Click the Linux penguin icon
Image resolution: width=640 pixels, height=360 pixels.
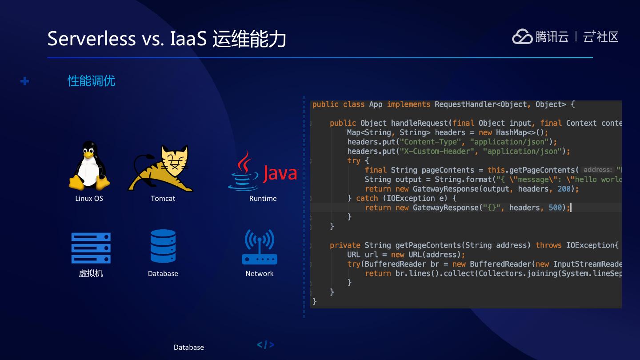(x=89, y=166)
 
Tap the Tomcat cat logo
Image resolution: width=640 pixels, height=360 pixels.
(x=161, y=168)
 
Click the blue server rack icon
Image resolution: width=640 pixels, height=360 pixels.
(x=91, y=248)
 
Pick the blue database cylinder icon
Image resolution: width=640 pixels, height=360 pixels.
(x=163, y=246)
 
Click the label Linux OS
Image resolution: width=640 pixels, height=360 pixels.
(x=89, y=198)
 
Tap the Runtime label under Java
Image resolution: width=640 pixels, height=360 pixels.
(x=263, y=198)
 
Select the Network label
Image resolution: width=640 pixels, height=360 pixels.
(x=260, y=273)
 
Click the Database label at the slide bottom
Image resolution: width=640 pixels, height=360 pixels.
(x=189, y=347)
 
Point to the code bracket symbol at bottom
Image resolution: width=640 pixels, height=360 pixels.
(x=265, y=344)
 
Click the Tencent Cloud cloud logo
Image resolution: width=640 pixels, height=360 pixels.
(x=522, y=36)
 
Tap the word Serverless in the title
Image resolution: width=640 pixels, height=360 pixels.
(x=91, y=39)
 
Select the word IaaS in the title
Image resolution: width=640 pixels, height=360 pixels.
(x=188, y=39)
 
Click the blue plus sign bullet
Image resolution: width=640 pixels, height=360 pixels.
(x=25, y=81)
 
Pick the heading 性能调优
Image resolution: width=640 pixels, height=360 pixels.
(x=92, y=81)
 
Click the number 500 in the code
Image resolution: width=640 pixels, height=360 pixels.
(x=555, y=208)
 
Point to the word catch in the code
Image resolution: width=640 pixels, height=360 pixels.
(x=367, y=198)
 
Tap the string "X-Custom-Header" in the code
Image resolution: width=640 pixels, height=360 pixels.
(x=434, y=151)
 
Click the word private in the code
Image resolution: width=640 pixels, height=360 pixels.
(x=345, y=245)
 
